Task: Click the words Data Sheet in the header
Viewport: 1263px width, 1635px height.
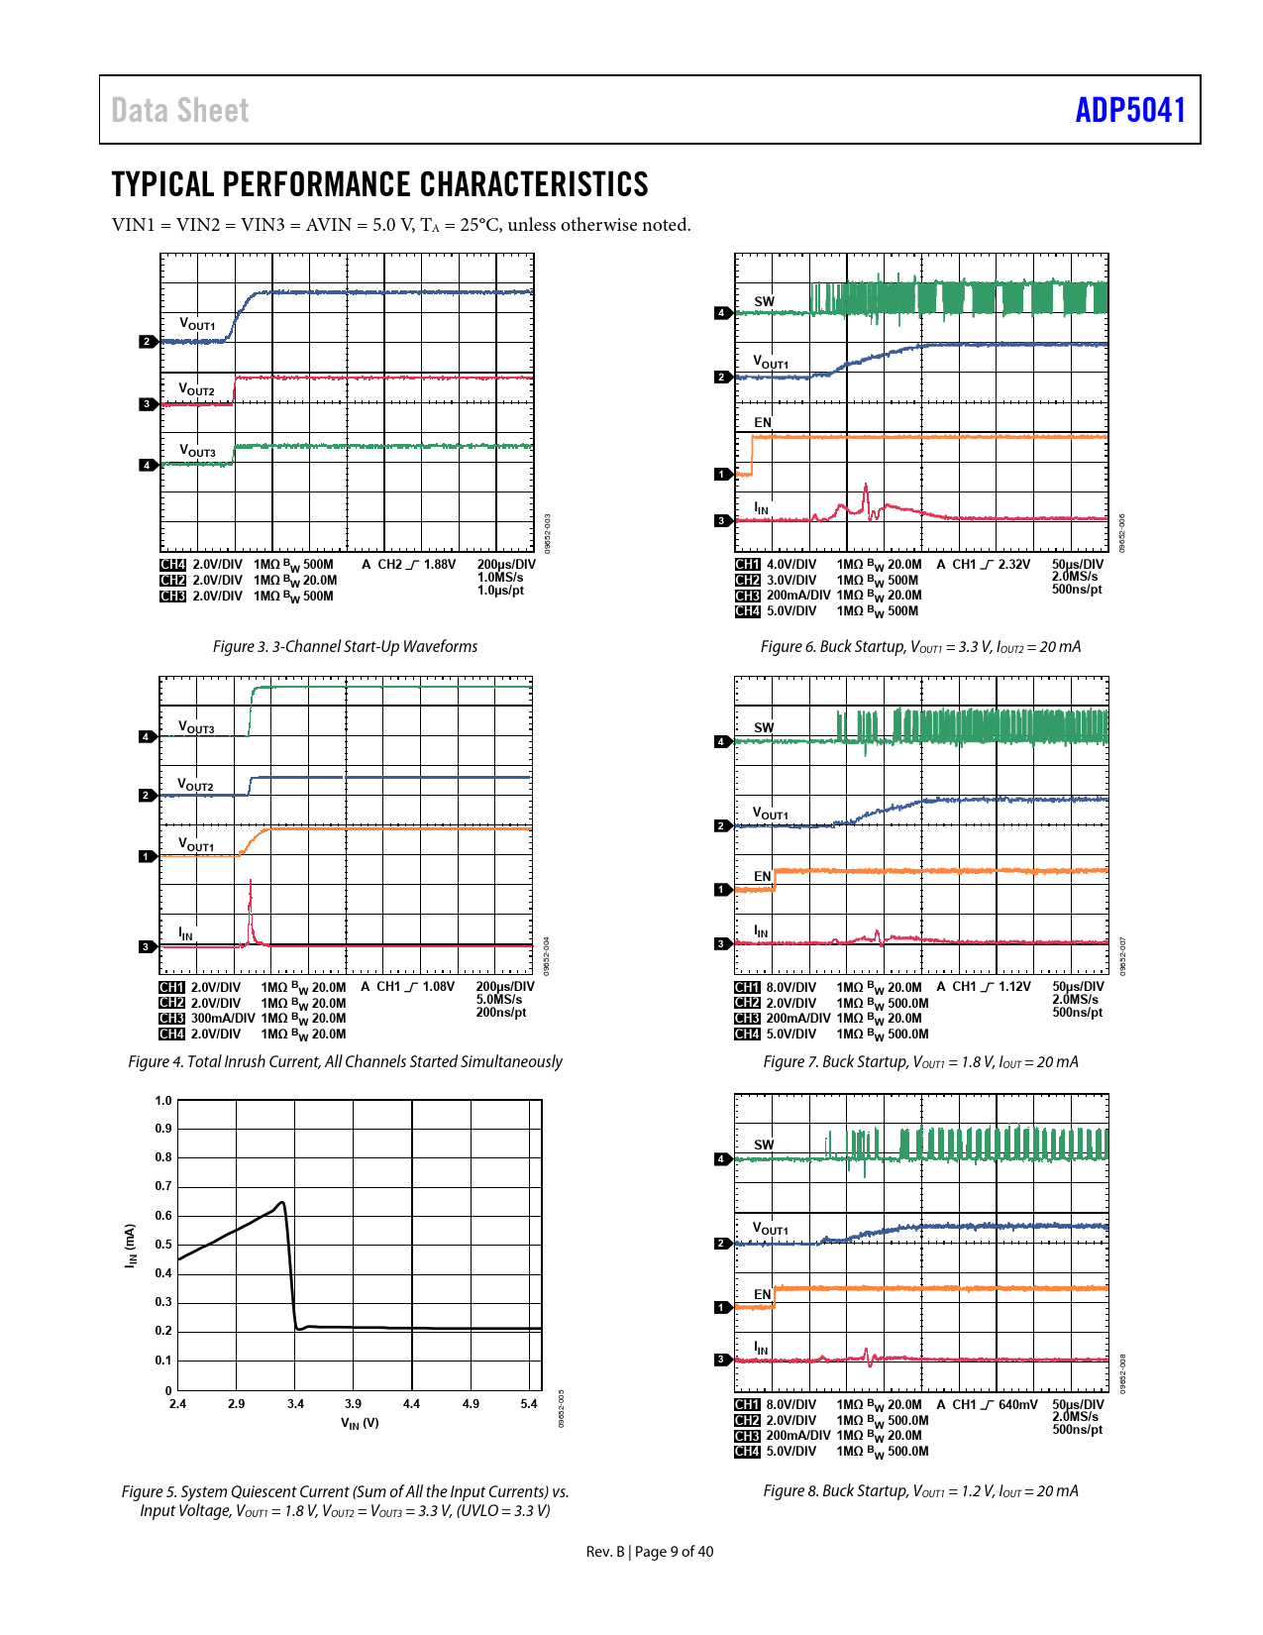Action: tap(179, 110)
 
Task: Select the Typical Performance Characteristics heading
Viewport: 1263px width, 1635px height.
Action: tap(379, 184)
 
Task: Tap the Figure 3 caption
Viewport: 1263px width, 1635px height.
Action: tap(345, 646)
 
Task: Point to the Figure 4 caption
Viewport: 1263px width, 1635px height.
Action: tap(345, 1061)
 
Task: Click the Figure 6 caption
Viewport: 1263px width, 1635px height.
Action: tap(920, 646)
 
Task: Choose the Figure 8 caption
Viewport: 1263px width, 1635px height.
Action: tap(920, 1490)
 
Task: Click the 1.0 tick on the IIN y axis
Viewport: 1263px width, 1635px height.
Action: tap(163, 1100)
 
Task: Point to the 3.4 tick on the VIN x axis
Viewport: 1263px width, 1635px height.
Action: tap(295, 1403)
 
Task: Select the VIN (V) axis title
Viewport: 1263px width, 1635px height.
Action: tap(360, 1423)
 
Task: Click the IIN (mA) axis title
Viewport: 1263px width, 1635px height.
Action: tap(130, 1246)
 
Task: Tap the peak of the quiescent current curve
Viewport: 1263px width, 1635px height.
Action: tap(282, 1203)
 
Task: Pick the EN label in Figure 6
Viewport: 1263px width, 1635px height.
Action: tap(762, 422)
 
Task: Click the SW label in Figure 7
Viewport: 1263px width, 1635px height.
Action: tap(764, 727)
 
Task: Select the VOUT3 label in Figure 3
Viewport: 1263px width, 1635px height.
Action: tap(197, 451)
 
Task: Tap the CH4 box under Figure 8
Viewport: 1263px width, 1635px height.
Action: tap(747, 1452)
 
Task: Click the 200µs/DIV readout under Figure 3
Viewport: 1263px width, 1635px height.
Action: tap(505, 565)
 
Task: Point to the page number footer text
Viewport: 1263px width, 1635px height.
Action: tap(649, 1552)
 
